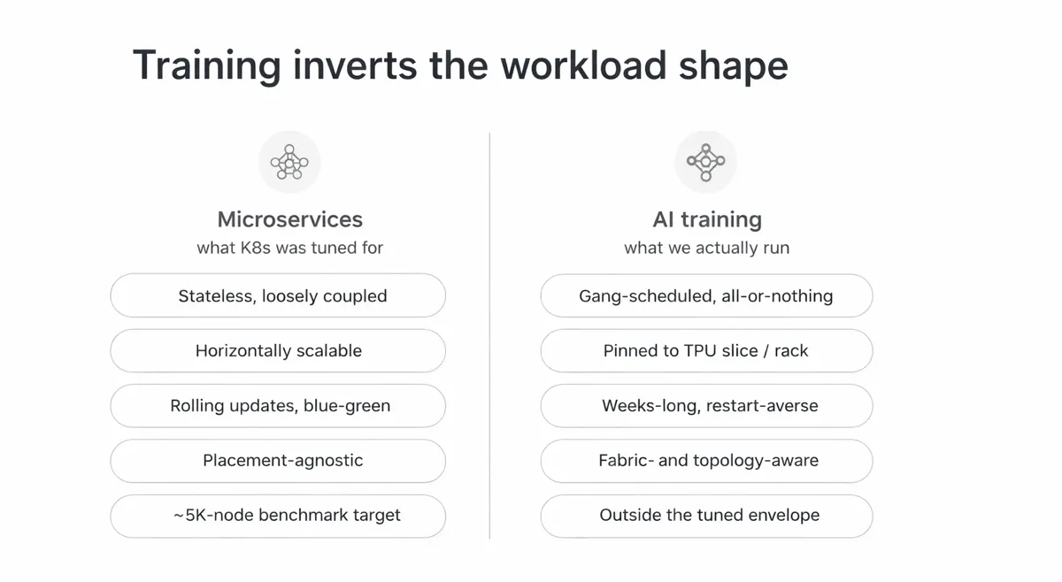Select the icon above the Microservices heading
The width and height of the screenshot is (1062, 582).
click(x=289, y=162)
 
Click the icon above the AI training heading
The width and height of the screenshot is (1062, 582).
click(x=705, y=162)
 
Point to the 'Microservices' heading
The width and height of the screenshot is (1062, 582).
click(x=289, y=219)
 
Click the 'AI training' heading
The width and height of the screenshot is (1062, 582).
click(x=706, y=219)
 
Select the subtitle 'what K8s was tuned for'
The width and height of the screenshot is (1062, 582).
click(x=289, y=248)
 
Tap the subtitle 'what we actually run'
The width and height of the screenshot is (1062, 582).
click(x=706, y=248)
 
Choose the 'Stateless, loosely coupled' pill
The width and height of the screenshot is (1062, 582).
click(x=278, y=295)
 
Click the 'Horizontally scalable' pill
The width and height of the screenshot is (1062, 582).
click(x=278, y=350)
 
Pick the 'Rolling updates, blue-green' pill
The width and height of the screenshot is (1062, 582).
click(x=278, y=406)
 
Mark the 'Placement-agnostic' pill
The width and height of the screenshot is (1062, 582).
click(x=278, y=461)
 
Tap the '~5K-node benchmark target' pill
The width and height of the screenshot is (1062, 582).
click(x=278, y=516)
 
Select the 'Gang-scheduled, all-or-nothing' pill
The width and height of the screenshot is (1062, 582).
click(x=706, y=295)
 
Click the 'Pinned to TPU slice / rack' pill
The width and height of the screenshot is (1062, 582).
click(x=706, y=350)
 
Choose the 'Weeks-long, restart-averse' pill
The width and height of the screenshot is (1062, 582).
click(x=706, y=406)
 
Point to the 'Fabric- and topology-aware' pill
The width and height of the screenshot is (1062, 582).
click(x=706, y=461)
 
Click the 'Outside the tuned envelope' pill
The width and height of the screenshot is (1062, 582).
click(x=706, y=516)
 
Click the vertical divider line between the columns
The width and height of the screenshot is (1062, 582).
click(x=489, y=336)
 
